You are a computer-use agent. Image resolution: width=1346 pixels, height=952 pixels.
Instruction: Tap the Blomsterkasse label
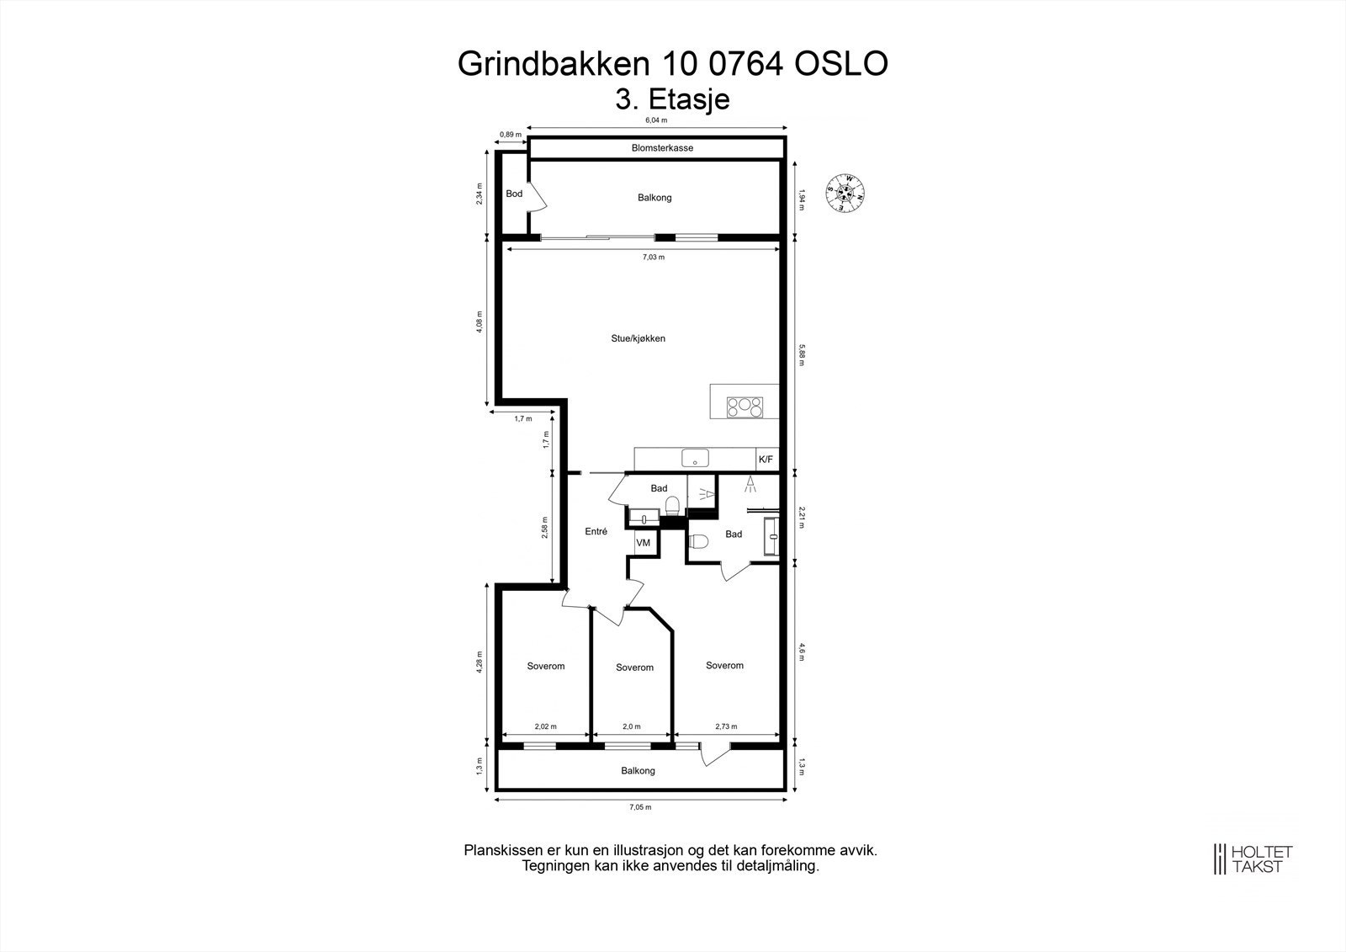(662, 148)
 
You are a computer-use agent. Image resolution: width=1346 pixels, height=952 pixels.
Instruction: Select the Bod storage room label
(514, 194)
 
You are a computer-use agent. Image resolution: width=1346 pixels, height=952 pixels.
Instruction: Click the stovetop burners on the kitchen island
(745, 407)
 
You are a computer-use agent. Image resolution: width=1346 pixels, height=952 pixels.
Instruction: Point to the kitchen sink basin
(695, 459)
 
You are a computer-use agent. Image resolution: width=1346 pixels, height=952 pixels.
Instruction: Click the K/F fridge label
(766, 460)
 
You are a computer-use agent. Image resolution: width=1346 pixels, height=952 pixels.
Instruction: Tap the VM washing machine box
(644, 543)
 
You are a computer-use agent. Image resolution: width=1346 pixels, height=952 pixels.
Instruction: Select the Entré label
(596, 531)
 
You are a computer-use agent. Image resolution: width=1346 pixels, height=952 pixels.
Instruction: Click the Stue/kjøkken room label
(638, 338)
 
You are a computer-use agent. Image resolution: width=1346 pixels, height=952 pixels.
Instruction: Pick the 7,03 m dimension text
(654, 257)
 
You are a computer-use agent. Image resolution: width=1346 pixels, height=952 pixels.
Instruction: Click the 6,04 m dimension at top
(656, 120)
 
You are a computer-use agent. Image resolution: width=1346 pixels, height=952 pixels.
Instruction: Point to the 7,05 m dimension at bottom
(641, 807)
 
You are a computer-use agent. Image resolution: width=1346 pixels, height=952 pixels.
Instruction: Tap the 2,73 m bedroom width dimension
(726, 726)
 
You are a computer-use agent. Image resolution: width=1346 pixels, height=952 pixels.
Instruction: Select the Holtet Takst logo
(1251, 859)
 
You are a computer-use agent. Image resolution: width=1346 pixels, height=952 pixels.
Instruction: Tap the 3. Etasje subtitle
(672, 99)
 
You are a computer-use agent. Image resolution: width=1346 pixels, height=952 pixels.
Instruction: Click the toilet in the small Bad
(672, 506)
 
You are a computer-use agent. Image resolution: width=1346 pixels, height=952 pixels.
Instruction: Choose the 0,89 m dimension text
(511, 134)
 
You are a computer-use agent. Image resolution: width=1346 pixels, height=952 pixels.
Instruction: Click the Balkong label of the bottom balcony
(638, 771)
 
